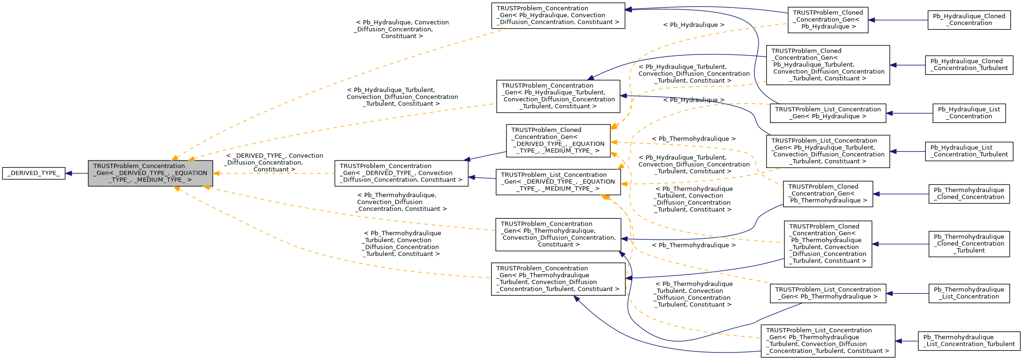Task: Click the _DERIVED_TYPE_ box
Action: point(33,173)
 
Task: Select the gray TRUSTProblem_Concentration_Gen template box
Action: point(150,173)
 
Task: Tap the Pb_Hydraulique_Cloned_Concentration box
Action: point(969,20)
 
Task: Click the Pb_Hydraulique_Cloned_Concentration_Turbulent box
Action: point(969,65)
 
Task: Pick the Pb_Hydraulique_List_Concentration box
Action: point(969,113)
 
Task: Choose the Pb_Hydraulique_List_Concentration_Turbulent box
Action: point(969,151)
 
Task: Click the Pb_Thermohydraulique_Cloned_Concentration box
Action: point(969,194)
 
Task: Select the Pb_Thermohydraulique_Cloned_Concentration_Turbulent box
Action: point(969,244)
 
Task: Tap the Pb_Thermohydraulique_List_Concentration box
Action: point(969,293)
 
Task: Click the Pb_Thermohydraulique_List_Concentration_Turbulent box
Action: point(969,341)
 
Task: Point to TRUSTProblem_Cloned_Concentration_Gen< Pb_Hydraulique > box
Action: point(828,20)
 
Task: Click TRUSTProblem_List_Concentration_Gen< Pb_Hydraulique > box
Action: point(828,113)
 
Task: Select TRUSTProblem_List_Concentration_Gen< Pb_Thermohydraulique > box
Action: point(828,293)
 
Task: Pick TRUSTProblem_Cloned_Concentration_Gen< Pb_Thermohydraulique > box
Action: point(828,194)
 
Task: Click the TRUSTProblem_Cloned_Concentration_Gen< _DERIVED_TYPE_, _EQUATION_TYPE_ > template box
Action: point(558,140)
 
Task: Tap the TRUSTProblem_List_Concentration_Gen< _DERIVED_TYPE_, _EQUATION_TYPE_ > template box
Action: point(558,182)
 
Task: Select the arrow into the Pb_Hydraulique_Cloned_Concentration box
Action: point(898,20)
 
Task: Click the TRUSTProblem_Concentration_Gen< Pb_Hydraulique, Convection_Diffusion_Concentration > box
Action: point(558,15)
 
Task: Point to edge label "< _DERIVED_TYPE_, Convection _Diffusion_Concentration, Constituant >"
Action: point(274,162)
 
